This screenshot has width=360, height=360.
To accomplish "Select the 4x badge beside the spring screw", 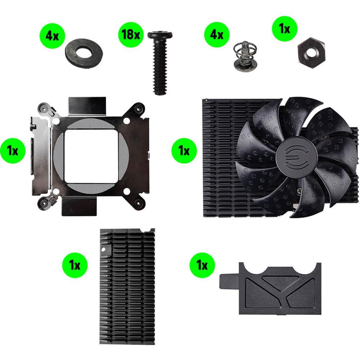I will [x=217, y=35].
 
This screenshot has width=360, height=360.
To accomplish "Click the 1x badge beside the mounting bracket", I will [x=13, y=151].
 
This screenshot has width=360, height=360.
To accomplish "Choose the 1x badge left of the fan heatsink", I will [x=184, y=151].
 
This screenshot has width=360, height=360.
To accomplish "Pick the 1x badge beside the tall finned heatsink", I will [x=75, y=266].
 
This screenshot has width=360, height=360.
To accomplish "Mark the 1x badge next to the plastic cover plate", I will [x=202, y=266].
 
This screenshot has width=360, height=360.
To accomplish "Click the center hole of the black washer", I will [x=84, y=53].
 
